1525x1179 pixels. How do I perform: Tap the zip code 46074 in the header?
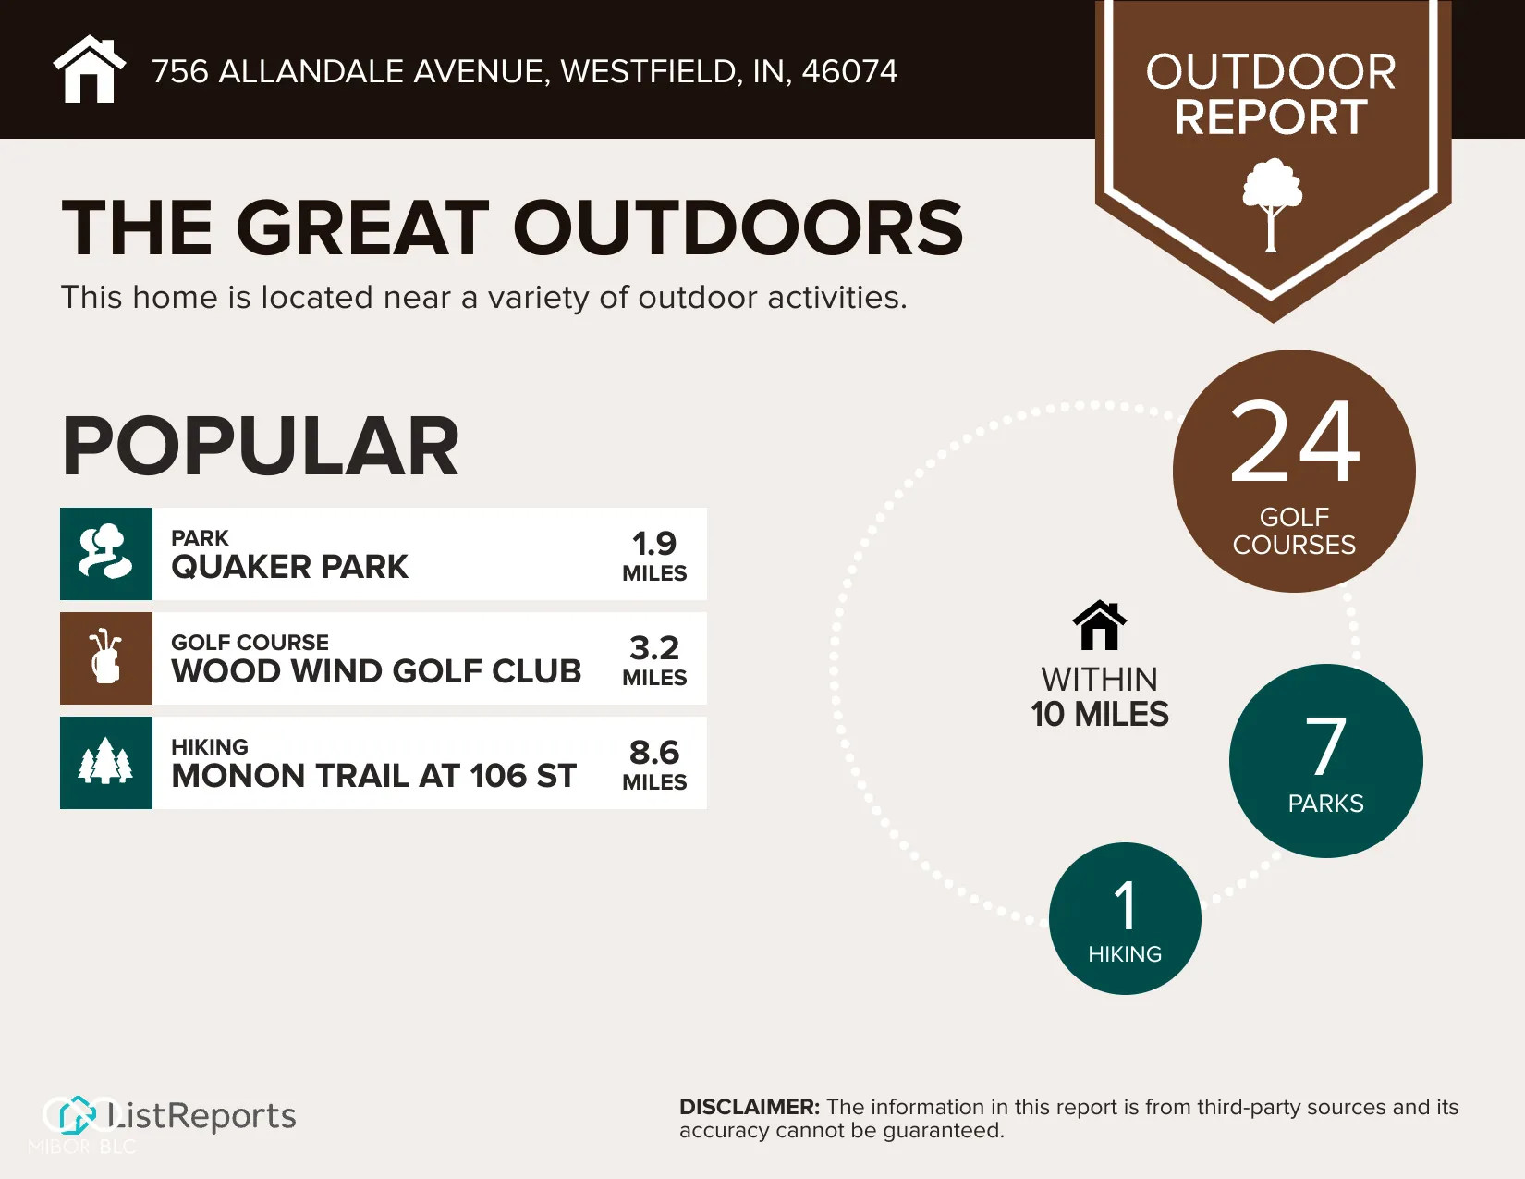point(849,71)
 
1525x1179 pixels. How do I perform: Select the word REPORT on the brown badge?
point(1271,117)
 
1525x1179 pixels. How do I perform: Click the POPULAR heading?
point(261,446)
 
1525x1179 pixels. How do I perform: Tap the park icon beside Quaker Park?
point(106,553)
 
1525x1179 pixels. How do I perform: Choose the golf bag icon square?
point(106,658)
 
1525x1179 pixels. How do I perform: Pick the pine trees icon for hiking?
point(106,763)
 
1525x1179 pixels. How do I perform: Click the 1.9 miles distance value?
point(654,544)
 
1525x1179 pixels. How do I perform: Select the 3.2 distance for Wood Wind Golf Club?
point(654,648)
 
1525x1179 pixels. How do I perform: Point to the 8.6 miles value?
point(654,753)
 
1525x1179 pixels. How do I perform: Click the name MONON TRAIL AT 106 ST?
point(374,776)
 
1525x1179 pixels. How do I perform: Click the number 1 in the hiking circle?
point(1126,905)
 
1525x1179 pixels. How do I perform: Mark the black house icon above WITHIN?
point(1100,625)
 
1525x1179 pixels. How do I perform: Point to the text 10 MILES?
point(1100,714)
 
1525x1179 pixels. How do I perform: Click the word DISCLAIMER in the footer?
point(750,1107)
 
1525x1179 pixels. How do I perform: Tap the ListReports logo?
point(169,1116)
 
